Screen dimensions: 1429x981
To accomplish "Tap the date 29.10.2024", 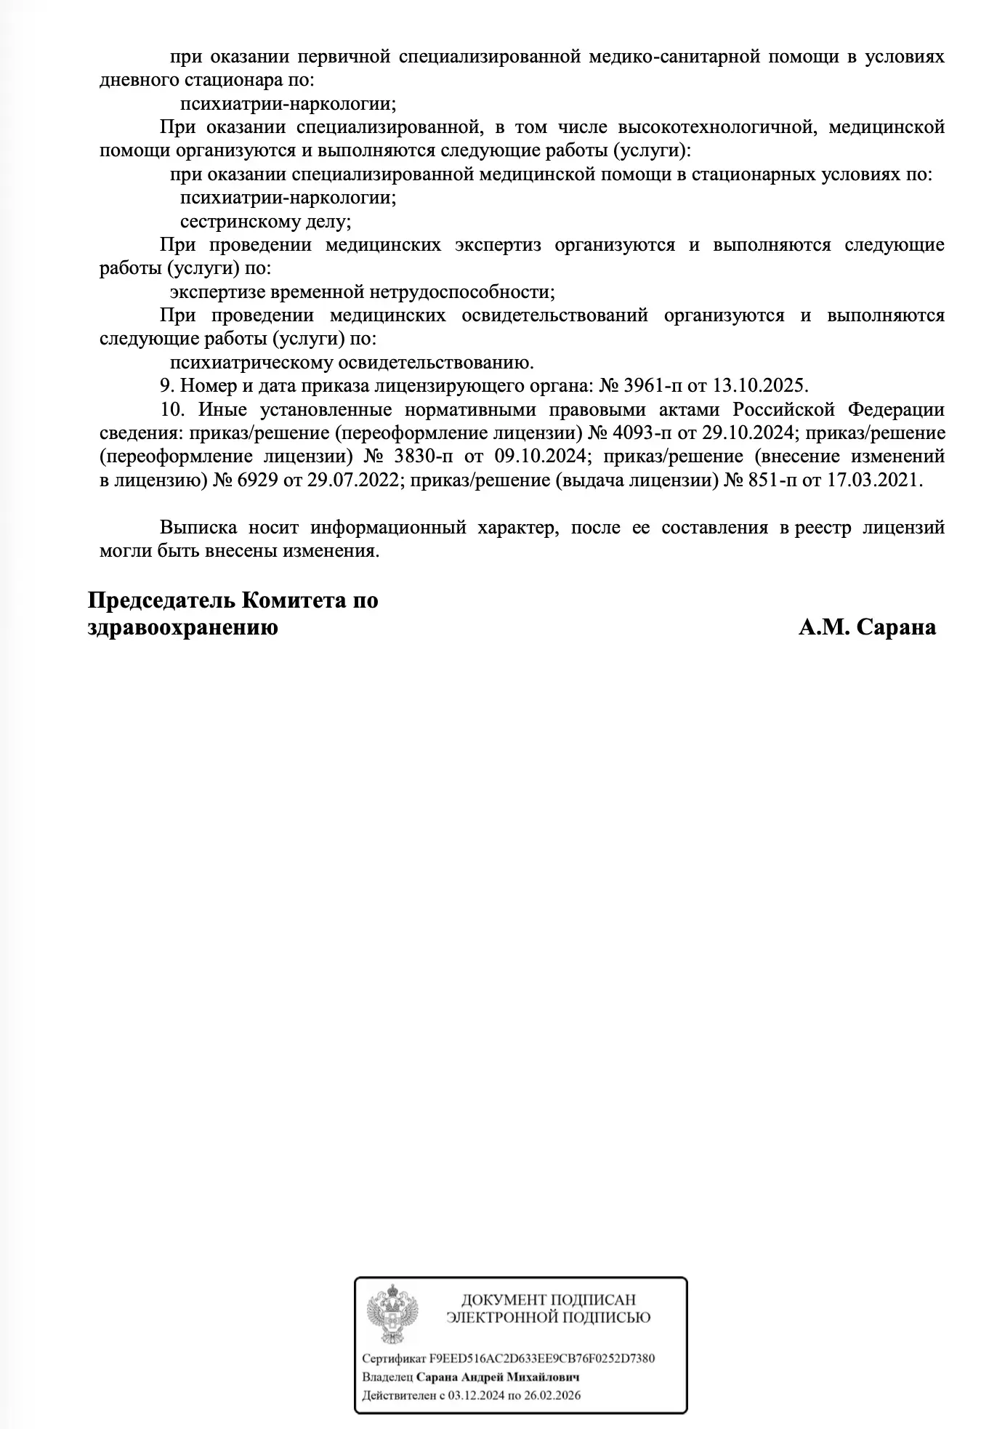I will tap(748, 433).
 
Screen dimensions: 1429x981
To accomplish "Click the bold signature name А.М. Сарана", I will tap(867, 627).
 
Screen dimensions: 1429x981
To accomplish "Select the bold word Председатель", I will tap(161, 601).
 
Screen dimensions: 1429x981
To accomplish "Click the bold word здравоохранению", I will tap(182, 627).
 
